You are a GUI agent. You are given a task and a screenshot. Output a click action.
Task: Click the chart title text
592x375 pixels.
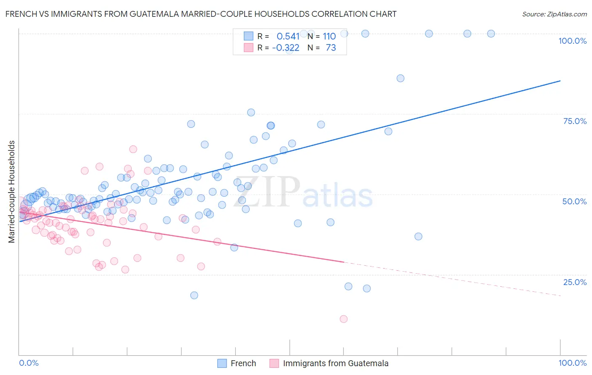pos(200,14)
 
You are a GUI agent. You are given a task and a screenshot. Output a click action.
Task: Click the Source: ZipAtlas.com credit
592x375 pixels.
pos(554,14)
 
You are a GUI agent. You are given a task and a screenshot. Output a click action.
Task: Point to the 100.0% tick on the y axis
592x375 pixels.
pos(572,41)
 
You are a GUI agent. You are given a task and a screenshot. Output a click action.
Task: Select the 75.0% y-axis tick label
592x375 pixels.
pos(575,121)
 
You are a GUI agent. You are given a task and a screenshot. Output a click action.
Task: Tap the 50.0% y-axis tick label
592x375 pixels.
pos(574,201)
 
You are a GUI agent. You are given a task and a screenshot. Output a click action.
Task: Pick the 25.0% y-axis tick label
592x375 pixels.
pos(575,282)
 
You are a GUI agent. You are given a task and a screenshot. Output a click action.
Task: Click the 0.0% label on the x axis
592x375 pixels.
pos(29,363)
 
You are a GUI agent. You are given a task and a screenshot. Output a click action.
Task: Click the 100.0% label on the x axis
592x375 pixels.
pos(572,363)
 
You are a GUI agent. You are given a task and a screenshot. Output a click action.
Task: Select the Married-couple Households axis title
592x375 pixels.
pos(12,191)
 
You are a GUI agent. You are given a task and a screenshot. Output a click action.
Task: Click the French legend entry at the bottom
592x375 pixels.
pos(243,363)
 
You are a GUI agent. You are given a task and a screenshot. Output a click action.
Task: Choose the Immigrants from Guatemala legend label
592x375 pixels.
pos(335,363)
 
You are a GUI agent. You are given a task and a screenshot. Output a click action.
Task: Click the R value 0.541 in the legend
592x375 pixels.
pos(288,37)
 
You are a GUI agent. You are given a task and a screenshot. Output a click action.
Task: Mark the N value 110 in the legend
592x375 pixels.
pos(329,37)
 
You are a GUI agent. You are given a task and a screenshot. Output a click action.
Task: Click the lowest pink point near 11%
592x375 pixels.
pos(344,319)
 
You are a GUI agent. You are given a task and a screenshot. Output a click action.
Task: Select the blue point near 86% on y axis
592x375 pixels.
pos(400,78)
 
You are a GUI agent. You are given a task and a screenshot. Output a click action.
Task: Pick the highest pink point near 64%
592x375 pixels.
pos(133,149)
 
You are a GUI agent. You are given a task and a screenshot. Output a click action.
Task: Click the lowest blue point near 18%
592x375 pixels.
pos(194,295)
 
